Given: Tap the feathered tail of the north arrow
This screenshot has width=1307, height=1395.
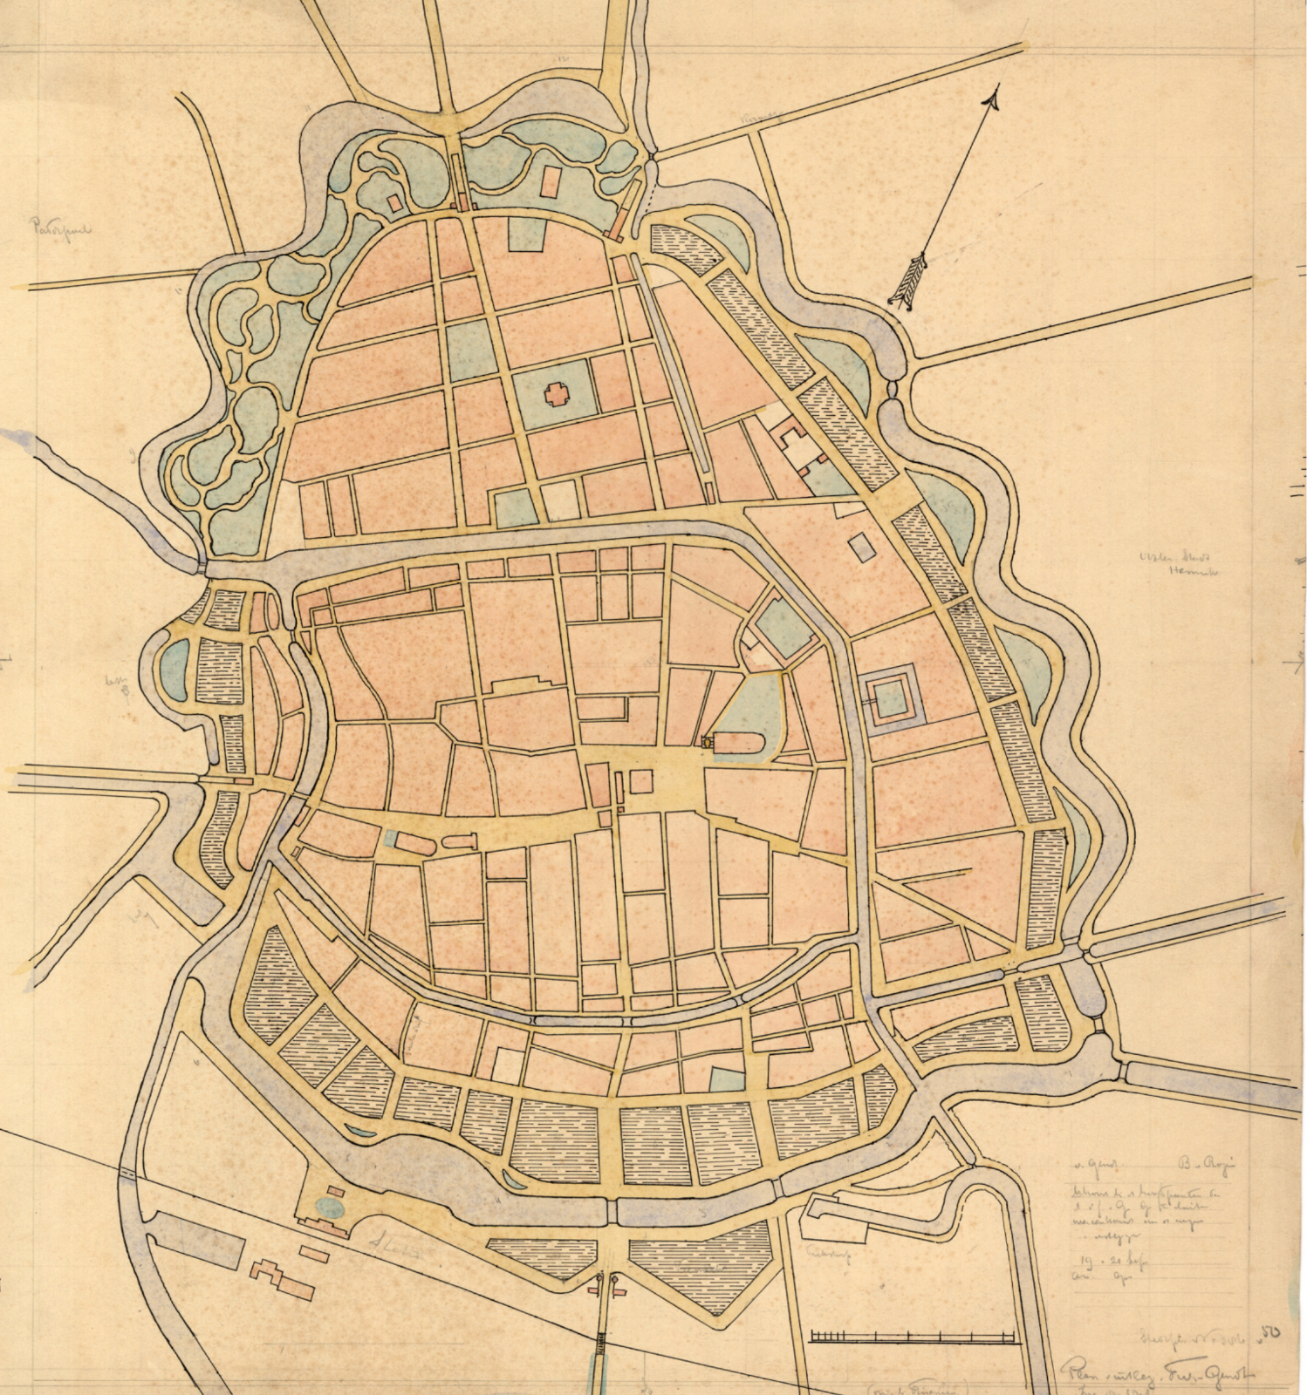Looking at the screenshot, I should pos(907,280).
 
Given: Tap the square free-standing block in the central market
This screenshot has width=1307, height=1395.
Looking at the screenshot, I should pos(643,779).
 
